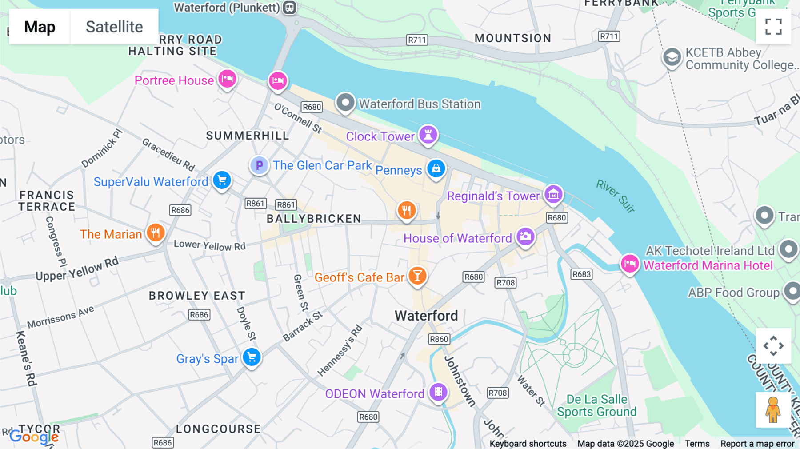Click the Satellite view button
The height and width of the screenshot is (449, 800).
click(x=114, y=27)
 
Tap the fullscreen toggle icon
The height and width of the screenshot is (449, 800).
click(x=773, y=27)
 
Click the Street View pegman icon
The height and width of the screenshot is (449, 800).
click(x=773, y=409)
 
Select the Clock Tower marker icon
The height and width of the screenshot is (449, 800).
click(x=428, y=134)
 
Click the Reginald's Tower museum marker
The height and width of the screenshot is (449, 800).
click(x=553, y=194)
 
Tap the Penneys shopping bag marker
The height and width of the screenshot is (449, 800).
click(x=436, y=168)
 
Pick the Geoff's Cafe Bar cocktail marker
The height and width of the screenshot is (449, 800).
click(x=417, y=276)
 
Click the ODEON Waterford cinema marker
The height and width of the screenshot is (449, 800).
click(x=438, y=392)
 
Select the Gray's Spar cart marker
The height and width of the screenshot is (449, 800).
click(x=252, y=357)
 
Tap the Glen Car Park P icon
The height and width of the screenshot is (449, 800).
click(x=259, y=165)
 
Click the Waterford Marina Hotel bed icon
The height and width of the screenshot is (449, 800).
click(x=630, y=264)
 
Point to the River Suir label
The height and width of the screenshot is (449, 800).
click(x=616, y=196)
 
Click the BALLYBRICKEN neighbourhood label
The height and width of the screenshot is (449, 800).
click(x=314, y=219)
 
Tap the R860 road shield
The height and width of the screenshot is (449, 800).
click(x=439, y=339)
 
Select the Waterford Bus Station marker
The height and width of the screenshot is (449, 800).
click(x=345, y=103)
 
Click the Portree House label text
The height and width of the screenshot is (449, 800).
click(x=174, y=80)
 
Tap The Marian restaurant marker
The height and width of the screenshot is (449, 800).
click(x=156, y=232)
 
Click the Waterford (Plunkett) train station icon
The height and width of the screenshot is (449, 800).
click(x=290, y=8)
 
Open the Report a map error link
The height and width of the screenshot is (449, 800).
click(x=757, y=443)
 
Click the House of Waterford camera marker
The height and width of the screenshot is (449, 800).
click(x=525, y=237)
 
